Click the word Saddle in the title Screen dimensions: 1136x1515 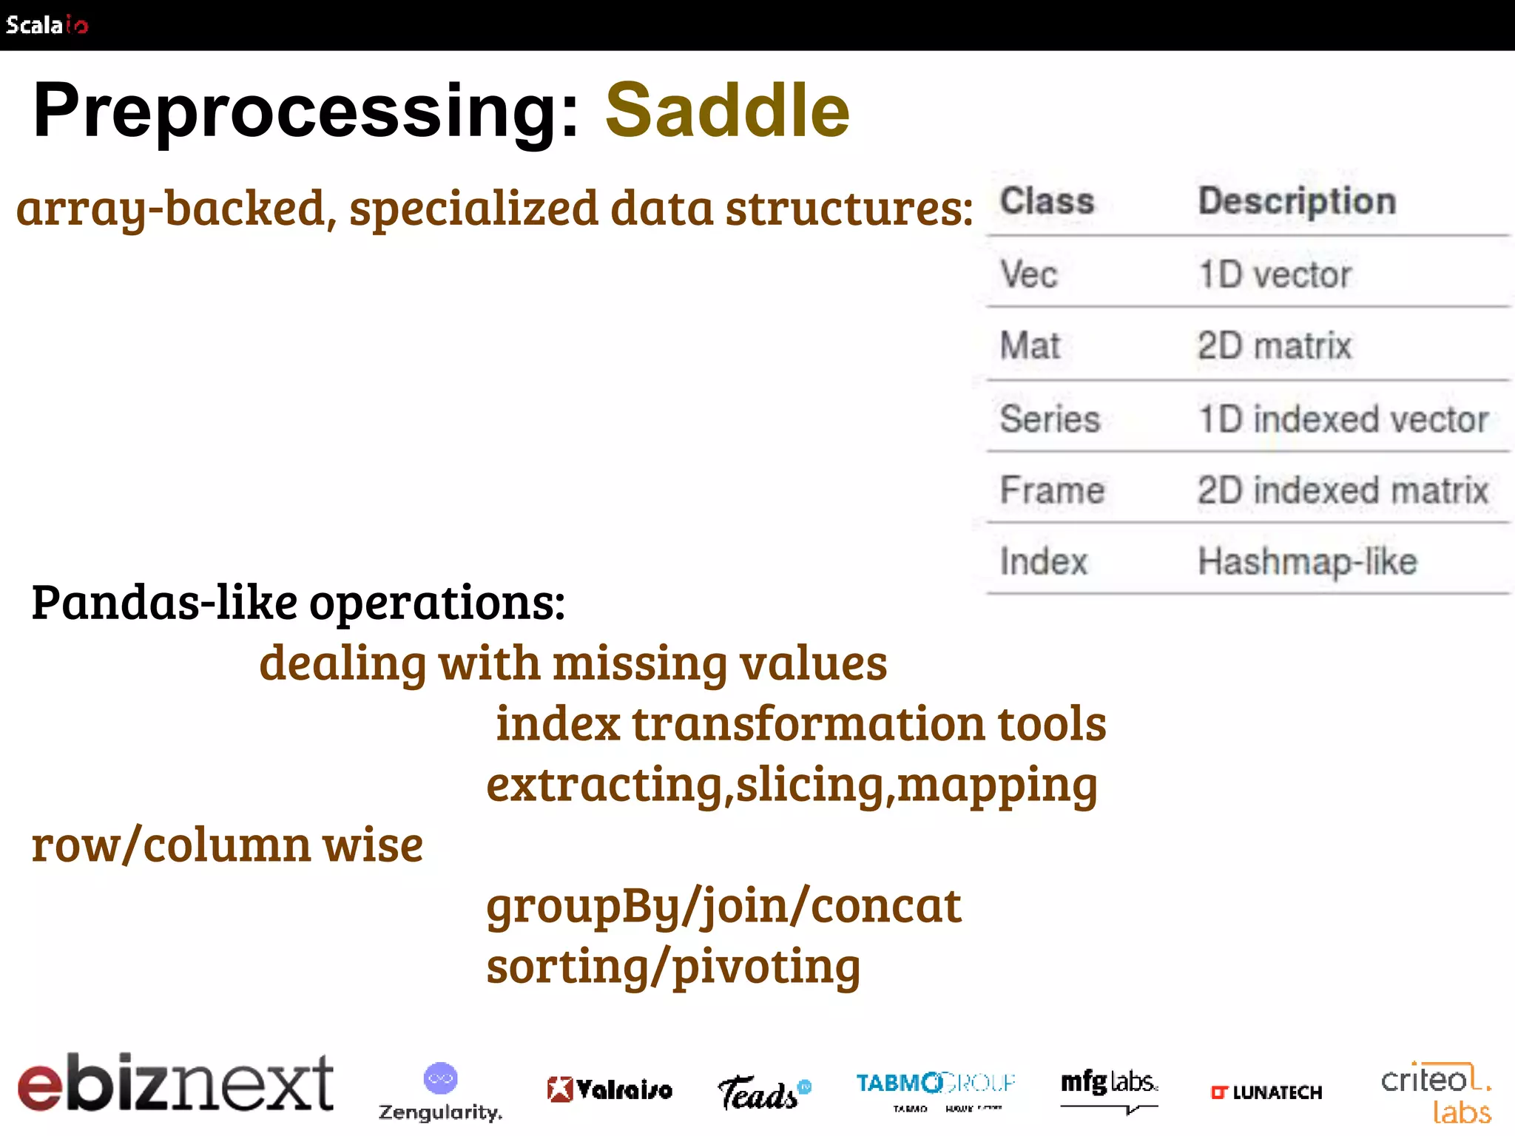[727, 111]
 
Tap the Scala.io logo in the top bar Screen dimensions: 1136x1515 [47, 25]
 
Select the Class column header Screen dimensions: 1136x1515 [1047, 201]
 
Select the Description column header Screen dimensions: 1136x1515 [1297, 201]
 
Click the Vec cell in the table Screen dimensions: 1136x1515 [1028, 274]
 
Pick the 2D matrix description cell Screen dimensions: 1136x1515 [1274, 346]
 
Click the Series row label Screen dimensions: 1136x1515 [1050, 419]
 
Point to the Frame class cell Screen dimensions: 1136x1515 [1052, 490]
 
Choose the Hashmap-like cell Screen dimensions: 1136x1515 [1307, 561]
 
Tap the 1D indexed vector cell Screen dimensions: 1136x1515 [1343, 419]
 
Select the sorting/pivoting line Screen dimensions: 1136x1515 [673, 966]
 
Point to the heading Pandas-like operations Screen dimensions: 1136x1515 [298, 602]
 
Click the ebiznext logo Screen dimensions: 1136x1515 [176, 1083]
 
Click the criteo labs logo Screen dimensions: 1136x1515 [1436, 1092]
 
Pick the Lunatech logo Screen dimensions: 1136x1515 [1266, 1092]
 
